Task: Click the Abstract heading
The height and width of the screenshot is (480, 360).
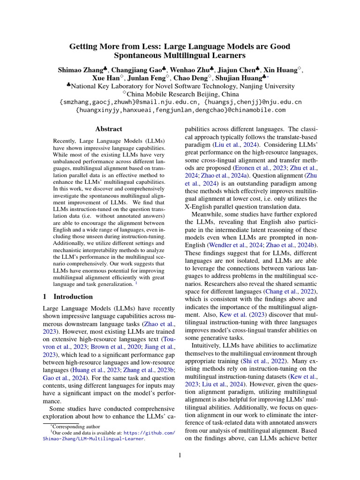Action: click(109, 129)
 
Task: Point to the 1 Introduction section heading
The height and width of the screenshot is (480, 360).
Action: click(67, 297)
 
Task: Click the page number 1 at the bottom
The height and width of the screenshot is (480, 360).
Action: click(180, 455)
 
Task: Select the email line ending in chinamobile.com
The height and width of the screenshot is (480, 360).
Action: click(180, 110)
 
